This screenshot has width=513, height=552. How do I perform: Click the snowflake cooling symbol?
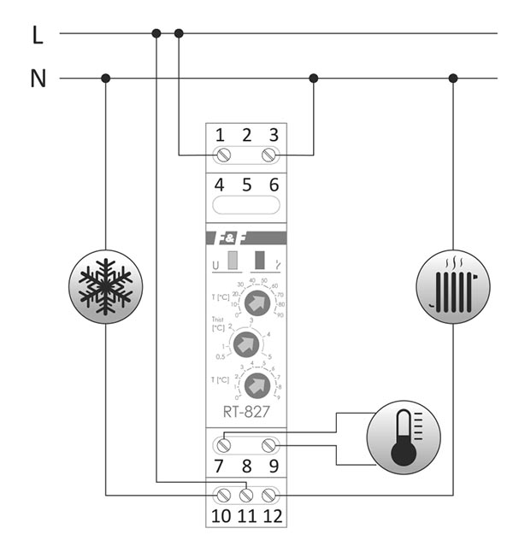(105, 285)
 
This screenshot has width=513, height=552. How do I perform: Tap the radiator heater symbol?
(453, 285)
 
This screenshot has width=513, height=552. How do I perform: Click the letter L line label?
(37, 35)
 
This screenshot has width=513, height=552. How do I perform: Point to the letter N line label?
(38, 79)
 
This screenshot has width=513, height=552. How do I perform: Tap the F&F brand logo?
(222, 238)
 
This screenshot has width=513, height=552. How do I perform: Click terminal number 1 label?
(221, 135)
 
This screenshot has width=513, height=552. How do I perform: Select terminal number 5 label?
(246, 185)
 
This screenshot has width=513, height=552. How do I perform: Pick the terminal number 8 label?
(246, 467)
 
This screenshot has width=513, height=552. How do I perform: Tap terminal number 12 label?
(272, 516)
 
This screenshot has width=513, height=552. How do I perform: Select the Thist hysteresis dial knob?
(245, 344)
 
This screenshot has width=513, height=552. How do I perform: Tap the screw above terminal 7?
(223, 445)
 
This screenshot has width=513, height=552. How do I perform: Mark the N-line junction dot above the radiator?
(453, 79)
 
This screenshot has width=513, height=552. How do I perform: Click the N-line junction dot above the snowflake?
(105, 79)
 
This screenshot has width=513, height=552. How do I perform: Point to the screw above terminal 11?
(247, 495)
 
